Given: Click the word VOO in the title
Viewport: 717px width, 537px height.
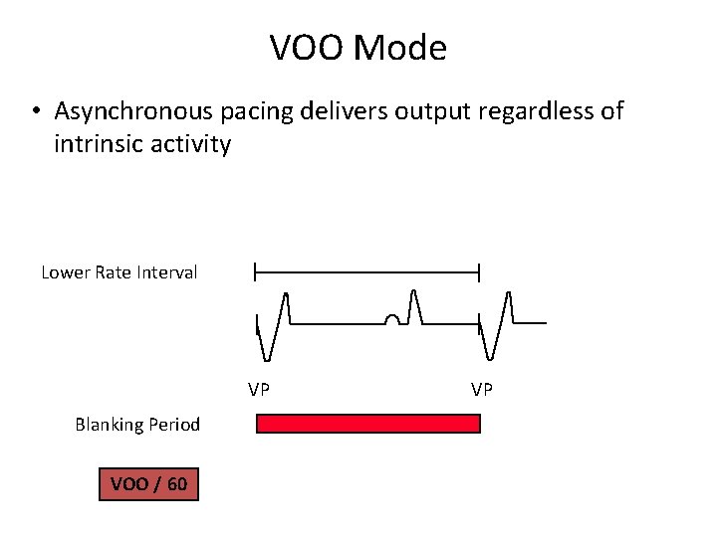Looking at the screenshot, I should [304, 47].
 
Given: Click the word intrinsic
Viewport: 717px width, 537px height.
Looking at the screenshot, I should [97, 145].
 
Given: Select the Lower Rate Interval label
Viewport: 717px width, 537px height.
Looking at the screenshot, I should [119, 271].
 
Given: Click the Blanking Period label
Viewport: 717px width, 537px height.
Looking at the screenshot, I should [137, 425].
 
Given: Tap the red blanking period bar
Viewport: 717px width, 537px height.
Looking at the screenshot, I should [368, 424].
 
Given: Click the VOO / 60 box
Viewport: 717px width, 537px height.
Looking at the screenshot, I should [148, 484].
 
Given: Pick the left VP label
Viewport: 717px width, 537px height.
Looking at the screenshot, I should [259, 389].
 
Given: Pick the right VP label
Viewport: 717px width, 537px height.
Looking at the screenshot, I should [482, 389].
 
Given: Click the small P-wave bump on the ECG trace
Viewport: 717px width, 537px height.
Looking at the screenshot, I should [393, 319].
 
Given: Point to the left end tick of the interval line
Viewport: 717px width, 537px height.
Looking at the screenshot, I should [256, 270].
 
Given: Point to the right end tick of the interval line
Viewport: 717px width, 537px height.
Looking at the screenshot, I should [480, 270].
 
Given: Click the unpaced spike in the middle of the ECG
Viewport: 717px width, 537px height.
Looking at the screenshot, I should [414, 303].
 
